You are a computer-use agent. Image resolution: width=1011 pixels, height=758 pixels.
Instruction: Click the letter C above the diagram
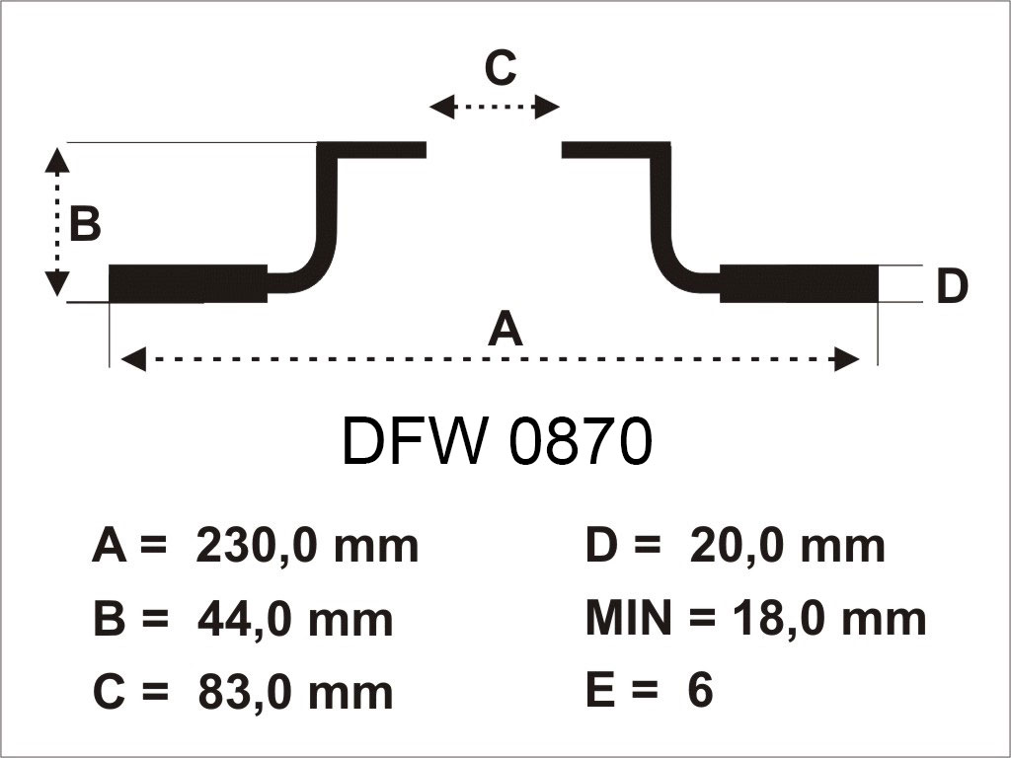501,69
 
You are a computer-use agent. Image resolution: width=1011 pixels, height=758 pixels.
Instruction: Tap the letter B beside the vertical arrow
85,225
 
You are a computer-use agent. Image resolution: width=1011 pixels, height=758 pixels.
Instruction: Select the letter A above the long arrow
505,329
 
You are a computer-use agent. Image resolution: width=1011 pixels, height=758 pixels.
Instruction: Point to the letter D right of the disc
952,287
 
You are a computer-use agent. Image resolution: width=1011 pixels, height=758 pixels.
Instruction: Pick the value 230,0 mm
308,545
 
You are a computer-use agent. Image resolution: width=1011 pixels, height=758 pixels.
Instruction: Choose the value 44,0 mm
295,619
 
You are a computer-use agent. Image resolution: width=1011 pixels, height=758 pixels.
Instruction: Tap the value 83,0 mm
295,692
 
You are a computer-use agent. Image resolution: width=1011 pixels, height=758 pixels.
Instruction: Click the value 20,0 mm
787,545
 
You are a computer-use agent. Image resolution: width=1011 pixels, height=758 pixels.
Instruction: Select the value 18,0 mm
829,619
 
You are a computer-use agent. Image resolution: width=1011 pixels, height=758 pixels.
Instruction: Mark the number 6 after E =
700,692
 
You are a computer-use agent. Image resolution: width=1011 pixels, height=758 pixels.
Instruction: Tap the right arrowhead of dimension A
847,359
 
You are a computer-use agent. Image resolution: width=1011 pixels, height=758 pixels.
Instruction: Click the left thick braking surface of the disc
188,284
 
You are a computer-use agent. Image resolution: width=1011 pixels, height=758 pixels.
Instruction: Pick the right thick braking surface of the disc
800,284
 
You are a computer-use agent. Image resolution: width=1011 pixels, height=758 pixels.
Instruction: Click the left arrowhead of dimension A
132,359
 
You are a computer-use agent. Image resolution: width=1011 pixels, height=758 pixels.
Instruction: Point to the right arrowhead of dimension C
548,107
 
